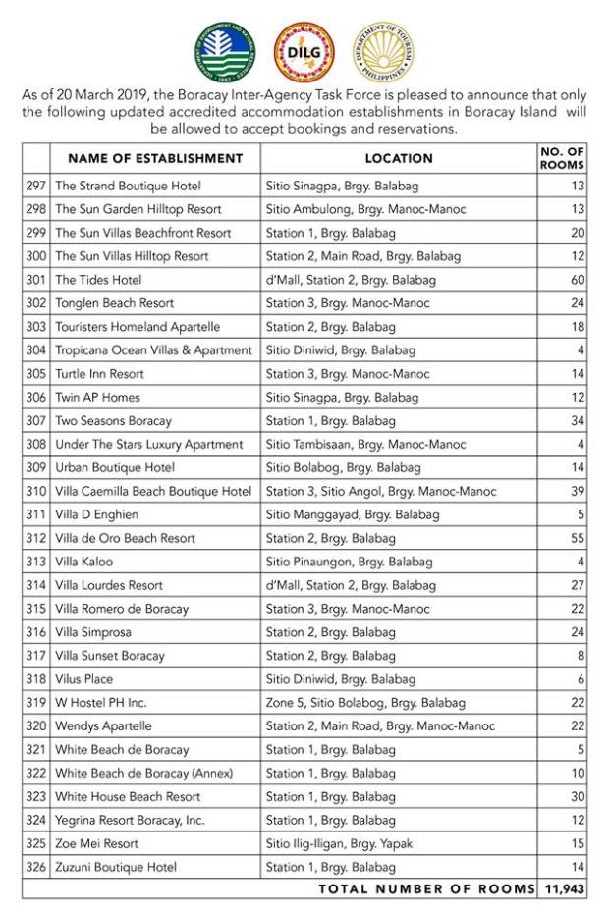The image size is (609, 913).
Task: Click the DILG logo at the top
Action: point(304,52)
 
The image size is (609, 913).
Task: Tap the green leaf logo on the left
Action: point(225,52)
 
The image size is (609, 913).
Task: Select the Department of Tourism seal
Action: point(383,52)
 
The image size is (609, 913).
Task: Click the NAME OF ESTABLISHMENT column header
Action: point(155,158)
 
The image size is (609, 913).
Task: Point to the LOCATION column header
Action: point(399,158)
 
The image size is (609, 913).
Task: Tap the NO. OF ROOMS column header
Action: point(563,158)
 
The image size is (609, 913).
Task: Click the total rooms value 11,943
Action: point(563,889)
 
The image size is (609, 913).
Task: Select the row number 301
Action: point(36,280)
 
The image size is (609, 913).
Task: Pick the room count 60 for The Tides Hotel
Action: point(577,280)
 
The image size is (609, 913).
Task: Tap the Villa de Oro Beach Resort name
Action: point(125,538)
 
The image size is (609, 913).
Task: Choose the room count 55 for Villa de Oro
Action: point(577,538)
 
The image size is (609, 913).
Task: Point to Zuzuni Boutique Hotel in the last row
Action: point(116,867)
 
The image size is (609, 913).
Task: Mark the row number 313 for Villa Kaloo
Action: point(36,562)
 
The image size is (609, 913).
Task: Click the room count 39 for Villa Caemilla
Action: point(577,491)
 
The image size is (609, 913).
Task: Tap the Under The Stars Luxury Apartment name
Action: point(148,445)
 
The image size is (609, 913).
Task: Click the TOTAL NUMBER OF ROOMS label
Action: point(424,889)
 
